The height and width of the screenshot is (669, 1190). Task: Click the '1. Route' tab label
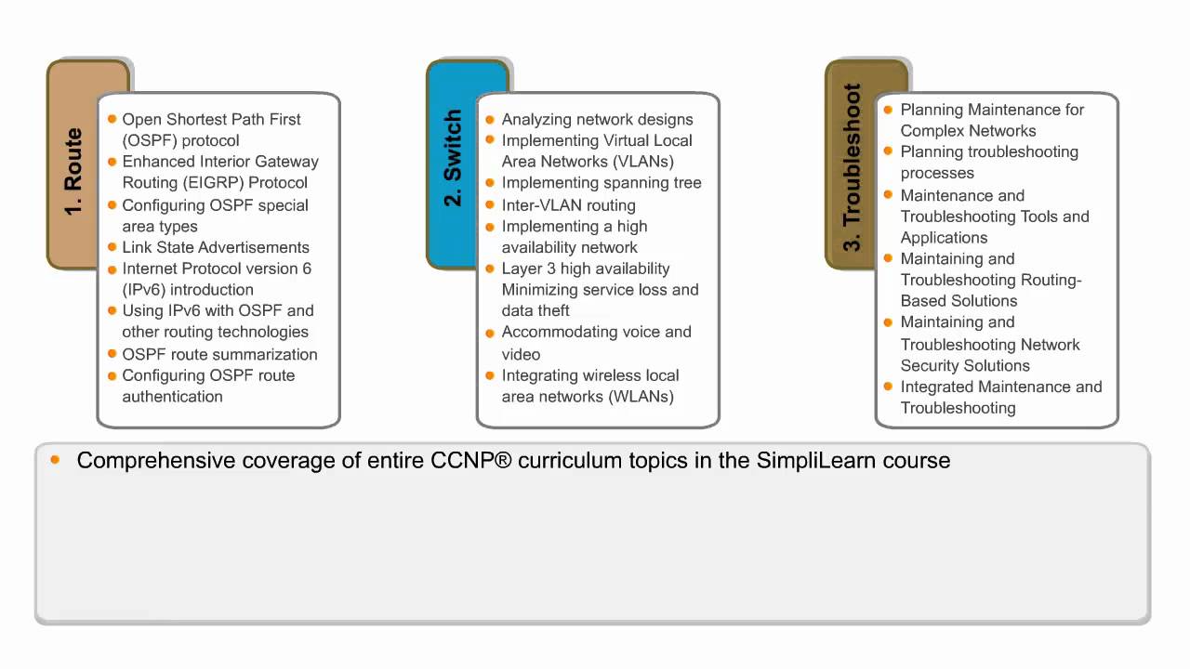[x=73, y=171]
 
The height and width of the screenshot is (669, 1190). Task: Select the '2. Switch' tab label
[x=453, y=158]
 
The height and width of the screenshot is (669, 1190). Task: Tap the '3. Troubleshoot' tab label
[x=852, y=167]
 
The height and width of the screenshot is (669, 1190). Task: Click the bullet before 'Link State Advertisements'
[x=112, y=247]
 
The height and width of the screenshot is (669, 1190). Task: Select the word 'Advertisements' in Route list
[x=255, y=247]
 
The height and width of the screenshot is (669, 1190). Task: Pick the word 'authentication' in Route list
[x=172, y=397]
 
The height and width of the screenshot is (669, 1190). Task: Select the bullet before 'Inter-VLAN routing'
[x=490, y=205]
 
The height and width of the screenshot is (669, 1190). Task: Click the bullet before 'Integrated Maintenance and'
[x=888, y=387]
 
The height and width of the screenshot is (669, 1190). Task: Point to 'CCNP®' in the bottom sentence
[x=470, y=460]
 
